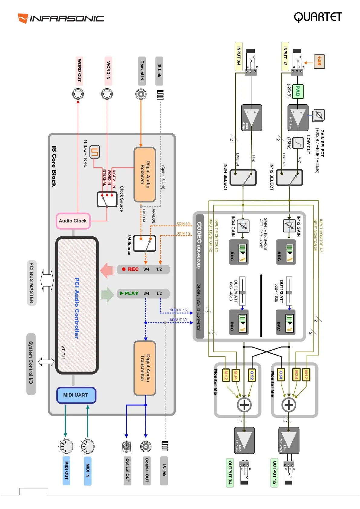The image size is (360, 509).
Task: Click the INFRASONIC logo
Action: [x=61, y=18]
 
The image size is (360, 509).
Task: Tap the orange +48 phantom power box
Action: [x=319, y=61]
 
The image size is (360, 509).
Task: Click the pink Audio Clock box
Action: [x=73, y=221]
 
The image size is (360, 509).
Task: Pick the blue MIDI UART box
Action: [x=76, y=395]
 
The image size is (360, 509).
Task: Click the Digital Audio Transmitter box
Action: [x=145, y=368]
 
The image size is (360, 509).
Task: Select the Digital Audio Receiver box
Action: [x=145, y=174]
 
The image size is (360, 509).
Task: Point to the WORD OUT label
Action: [x=79, y=70]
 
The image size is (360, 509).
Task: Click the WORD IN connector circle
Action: [x=107, y=94]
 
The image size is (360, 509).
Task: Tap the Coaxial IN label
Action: [x=142, y=70]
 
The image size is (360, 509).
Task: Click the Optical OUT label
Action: [x=127, y=470]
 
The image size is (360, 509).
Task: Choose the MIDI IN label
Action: [x=88, y=470]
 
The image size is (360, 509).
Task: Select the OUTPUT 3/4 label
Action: [x=230, y=472]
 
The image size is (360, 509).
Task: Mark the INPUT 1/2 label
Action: [x=285, y=56]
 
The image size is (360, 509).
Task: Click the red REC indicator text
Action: [x=133, y=269]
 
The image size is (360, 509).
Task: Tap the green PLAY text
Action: [x=131, y=293]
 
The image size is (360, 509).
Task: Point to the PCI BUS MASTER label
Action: [x=31, y=283]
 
